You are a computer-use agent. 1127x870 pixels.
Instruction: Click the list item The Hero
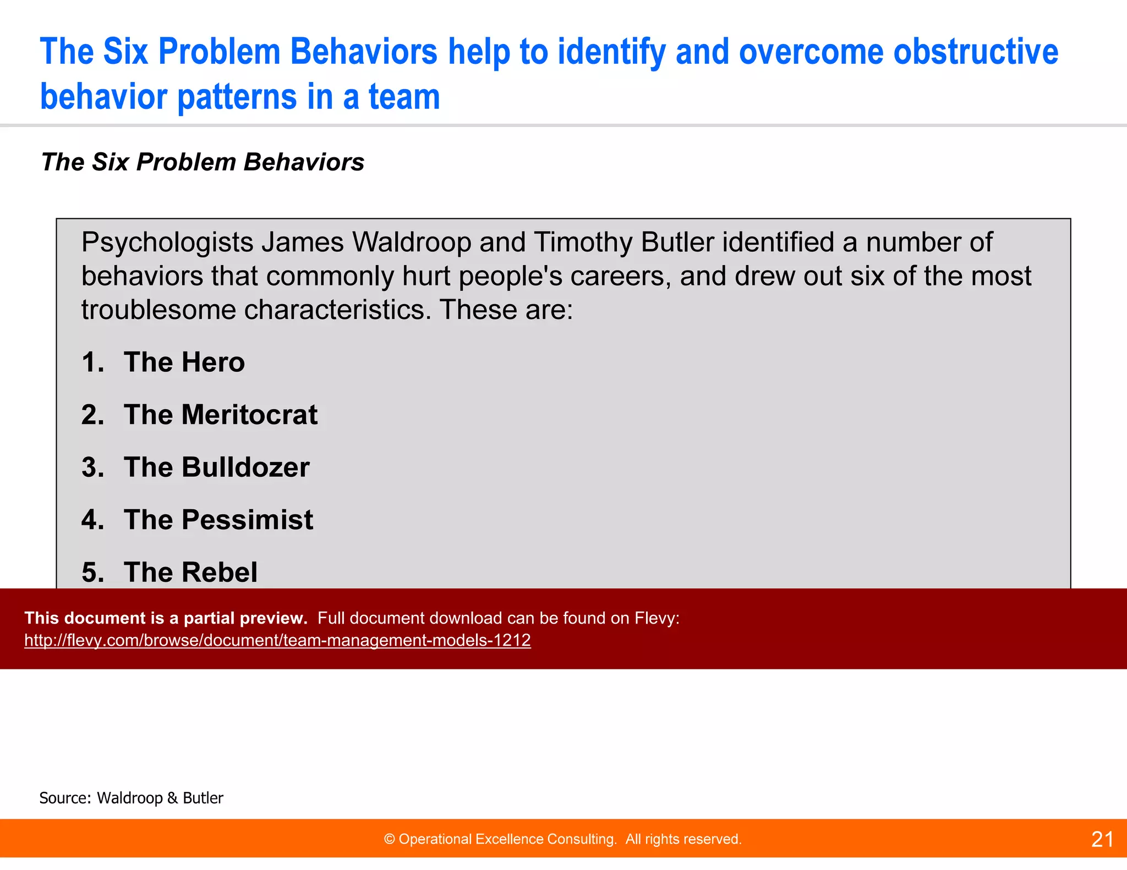(x=184, y=362)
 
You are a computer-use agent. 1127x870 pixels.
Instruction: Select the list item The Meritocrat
(x=220, y=415)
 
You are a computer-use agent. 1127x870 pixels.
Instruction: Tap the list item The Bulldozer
(x=216, y=467)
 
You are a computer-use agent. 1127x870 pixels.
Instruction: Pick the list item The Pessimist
(x=218, y=520)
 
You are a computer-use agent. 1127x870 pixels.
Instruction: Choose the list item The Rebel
(x=190, y=572)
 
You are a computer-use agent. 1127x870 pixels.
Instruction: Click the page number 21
(x=1102, y=839)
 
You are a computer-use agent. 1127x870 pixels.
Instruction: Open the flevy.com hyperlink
(x=277, y=640)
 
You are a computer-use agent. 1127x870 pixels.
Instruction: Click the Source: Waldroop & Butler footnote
(x=131, y=798)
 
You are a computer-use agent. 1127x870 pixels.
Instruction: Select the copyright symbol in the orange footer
(x=389, y=839)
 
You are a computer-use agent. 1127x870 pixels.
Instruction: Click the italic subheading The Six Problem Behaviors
(x=203, y=162)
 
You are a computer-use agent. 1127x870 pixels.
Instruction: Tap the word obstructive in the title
(x=975, y=52)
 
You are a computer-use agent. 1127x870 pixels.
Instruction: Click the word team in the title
(x=404, y=97)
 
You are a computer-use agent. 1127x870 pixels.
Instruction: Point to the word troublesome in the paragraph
(x=158, y=310)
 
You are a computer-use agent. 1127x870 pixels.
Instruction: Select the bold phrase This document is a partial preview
(x=166, y=618)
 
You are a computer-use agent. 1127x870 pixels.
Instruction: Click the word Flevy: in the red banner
(x=656, y=618)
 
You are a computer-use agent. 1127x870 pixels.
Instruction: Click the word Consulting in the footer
(x=586, y=839)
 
